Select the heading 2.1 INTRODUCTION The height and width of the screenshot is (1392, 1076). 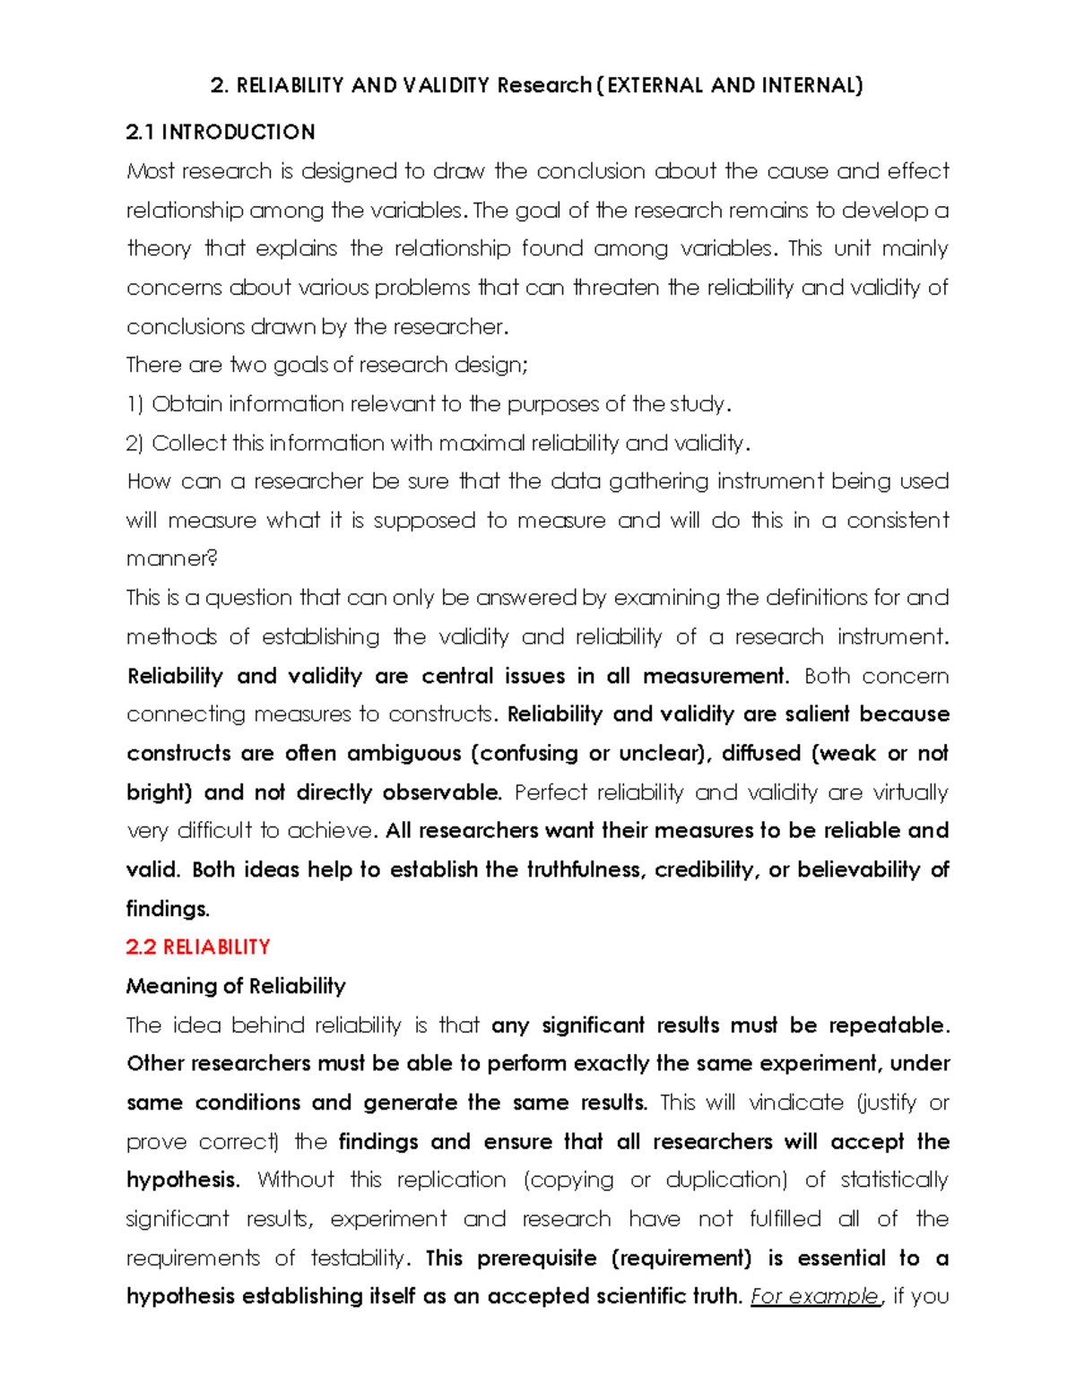(221, 133)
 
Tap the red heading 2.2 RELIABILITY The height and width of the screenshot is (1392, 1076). (198, 947)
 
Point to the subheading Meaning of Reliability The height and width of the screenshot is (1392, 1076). (236, 986)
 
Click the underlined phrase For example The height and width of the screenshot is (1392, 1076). (815, 1296)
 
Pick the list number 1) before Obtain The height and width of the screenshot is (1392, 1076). (135, 404)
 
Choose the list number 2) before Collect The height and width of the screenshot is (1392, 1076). (135, 444)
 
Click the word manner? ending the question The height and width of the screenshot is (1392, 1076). (172, 559)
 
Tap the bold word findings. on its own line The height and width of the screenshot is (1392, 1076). (168, 909)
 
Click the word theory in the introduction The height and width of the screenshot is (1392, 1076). (159, 248)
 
